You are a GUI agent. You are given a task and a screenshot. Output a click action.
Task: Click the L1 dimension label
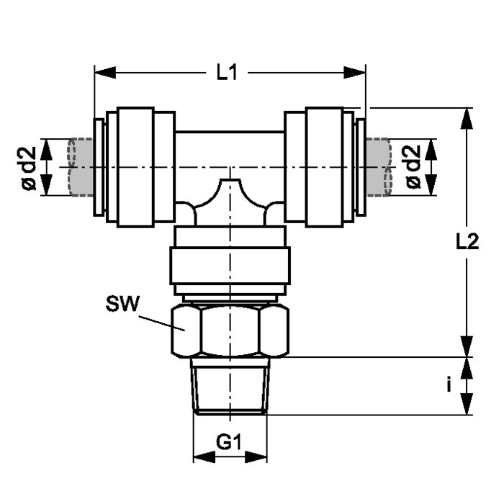click(x=227, y=72)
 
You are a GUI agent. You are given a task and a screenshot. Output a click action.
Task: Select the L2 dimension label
click(x=468, y=241)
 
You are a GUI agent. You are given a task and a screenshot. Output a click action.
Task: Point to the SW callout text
click(x=123, y=303)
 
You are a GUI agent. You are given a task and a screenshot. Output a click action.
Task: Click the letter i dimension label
click(x=449, y=384)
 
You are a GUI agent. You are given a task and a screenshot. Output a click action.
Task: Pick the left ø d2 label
click(x=29, y=168)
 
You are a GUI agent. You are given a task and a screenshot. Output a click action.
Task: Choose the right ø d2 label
click(x=413, y=166)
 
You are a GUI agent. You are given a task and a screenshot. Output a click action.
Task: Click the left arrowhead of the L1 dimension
click(x=105, y=72)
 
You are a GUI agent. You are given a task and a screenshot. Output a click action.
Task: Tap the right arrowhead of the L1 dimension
click(x=354, y=72)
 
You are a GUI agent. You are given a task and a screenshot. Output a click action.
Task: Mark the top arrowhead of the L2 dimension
click(x=467, y=119)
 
